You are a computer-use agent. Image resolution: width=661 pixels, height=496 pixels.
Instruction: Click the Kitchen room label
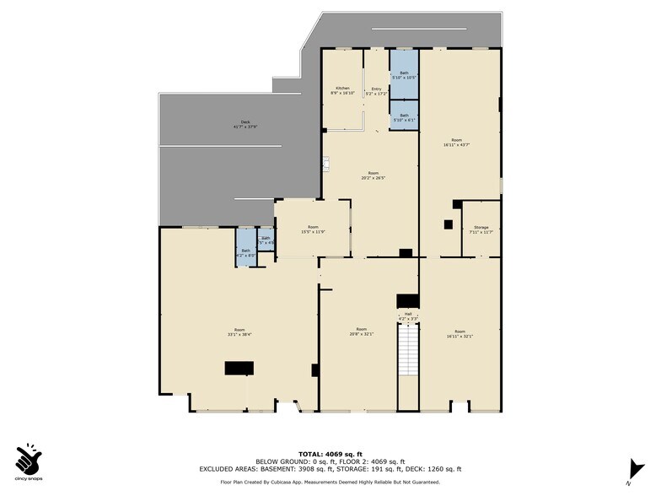point(342,90)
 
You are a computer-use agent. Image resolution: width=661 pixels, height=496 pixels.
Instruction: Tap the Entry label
point(375,91)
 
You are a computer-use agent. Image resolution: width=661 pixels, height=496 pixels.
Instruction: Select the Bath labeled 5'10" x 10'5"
point(404,74)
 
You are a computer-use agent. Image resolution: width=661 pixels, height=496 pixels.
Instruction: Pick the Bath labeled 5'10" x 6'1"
point(404,117)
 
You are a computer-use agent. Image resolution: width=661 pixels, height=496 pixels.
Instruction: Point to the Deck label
point(245,125)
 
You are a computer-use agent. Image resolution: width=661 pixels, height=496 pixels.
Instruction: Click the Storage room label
point(481,229)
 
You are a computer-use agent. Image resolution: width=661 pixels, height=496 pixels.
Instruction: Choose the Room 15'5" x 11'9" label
point(313,229)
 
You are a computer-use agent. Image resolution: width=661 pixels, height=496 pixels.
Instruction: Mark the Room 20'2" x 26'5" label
point(373,175)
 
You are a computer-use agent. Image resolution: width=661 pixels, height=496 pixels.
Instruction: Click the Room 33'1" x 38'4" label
point(239,332)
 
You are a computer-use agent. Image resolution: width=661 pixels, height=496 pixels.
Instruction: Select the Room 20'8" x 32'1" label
point(362,332)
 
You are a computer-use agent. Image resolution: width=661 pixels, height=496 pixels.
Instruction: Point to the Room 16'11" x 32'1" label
point(459,333)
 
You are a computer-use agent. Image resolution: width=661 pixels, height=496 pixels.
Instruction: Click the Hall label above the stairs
point(408,315)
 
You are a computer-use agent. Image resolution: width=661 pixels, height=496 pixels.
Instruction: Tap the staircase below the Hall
point(408,350)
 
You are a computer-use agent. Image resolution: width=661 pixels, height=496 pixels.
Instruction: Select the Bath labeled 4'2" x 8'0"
point(246,252)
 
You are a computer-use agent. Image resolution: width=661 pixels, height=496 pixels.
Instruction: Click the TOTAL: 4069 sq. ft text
point(330,455)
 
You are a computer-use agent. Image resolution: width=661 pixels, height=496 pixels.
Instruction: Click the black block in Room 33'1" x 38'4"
point(239,368)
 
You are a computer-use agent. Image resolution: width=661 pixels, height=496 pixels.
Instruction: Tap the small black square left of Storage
point(449,224)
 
